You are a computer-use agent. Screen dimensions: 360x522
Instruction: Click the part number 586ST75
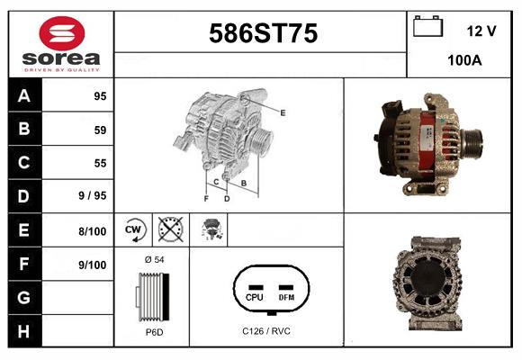[263, 34]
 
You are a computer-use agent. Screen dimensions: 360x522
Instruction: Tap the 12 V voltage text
[481, 31]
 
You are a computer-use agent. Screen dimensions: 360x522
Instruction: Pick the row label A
[23, 95]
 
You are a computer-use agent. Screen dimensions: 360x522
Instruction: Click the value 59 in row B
[99, 130]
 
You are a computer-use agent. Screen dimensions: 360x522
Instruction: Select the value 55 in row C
[99, 164]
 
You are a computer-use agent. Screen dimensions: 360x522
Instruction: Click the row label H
[23, 331]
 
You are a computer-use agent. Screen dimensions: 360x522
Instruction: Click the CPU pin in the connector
[254, 296]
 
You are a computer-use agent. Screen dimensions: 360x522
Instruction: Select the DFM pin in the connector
[286, 296]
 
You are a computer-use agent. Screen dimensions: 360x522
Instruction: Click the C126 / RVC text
[266, 331]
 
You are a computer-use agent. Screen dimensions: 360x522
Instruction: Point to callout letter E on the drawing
[283, 112]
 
